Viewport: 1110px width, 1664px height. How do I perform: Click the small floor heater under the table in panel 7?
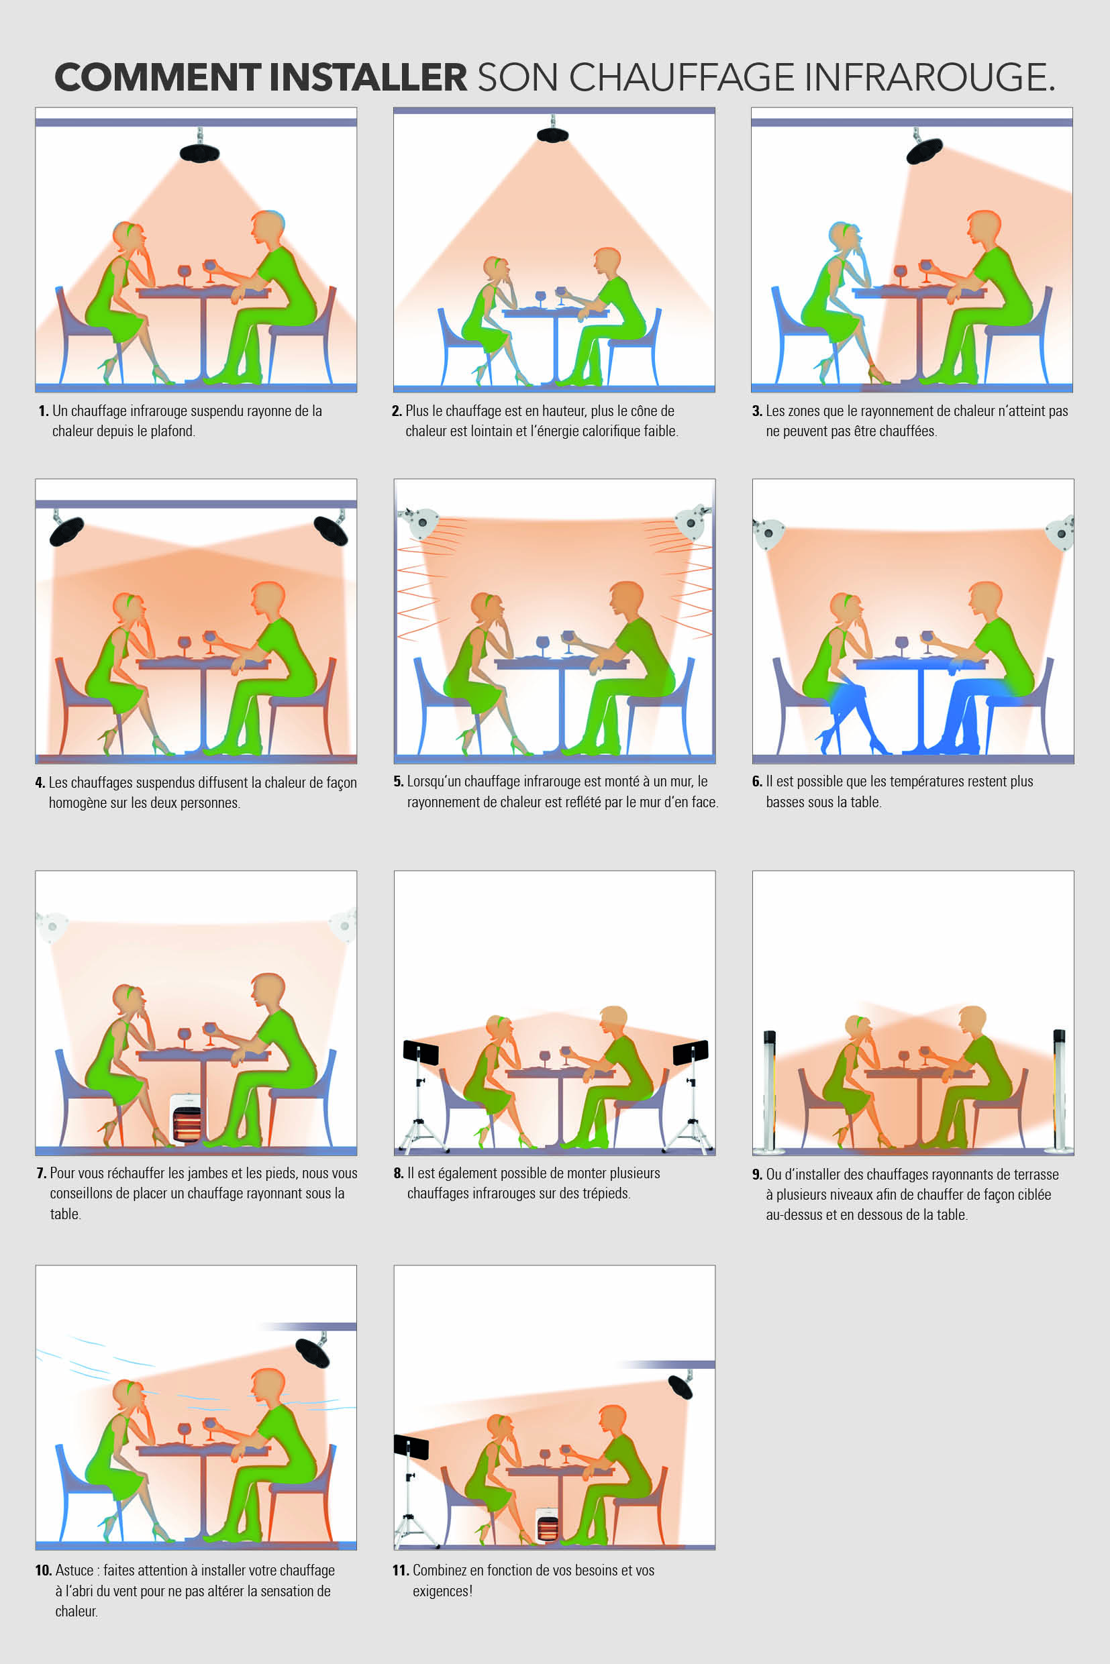[185, 1119]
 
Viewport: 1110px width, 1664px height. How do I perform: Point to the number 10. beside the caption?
[43, 1570]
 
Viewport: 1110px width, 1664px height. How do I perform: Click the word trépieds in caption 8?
[606, 1194]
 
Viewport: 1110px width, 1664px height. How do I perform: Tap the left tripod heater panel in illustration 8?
[421, 1053]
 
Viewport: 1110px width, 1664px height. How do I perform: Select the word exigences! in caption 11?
[442, 1591]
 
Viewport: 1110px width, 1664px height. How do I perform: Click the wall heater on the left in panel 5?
[418, 521]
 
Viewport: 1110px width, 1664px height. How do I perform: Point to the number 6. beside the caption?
[757, 782]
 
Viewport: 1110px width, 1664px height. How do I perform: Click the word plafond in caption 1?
[172, 431]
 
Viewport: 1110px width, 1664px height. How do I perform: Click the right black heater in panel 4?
[331, 529]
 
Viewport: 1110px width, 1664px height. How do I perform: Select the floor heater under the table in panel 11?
[547, 1525]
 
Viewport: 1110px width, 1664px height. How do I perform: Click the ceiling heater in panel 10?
[311, 1352]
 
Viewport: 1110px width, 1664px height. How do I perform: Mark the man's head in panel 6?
[985, 601]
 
